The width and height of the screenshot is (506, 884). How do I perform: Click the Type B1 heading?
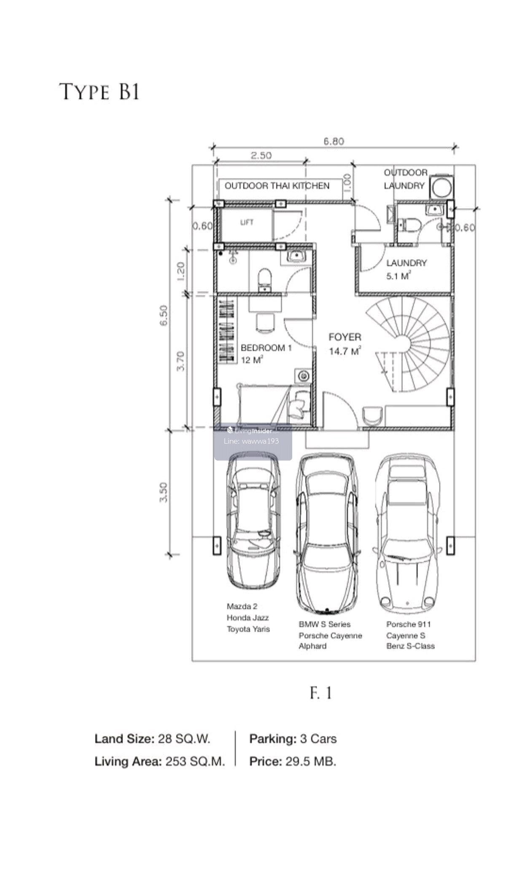coord(100,92)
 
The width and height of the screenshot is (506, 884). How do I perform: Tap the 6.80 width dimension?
coord(334,141)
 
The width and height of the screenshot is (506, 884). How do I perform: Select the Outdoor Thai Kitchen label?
coord(277,186)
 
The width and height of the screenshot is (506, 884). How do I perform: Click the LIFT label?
coord(247,222)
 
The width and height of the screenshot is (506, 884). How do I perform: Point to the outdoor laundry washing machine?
coord(441,186)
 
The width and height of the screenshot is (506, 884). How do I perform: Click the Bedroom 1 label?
coord(266,348)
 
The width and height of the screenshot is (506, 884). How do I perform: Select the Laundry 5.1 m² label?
coord(406,269)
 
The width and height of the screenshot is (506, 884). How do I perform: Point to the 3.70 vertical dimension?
coord(180,361)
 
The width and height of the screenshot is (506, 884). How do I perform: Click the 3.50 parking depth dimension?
coord(164,492)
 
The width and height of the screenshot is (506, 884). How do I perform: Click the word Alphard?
coord(312,646)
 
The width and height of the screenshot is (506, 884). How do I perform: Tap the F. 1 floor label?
coord(321,693)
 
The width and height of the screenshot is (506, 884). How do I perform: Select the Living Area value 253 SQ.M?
coord(195,762)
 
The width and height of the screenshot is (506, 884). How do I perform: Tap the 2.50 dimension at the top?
coord(261,155)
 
